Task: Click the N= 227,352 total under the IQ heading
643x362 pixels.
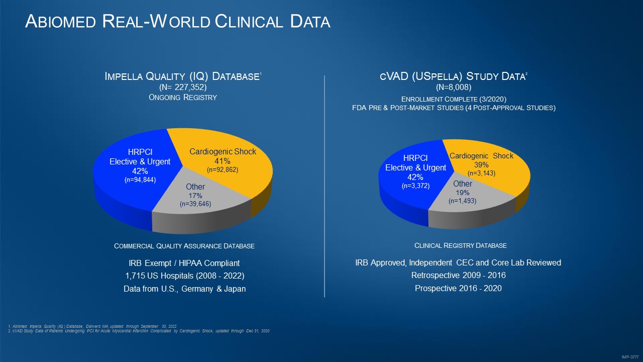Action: pyautogui.click(x=183, y=87)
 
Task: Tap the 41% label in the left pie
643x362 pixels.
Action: pyautogui.click(x=223, y=161)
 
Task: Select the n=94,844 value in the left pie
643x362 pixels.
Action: pyautogui.click(x=140, y=179)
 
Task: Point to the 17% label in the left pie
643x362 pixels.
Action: pyautogui.click(x=195, y=195)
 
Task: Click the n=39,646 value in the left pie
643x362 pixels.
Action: pyautogui.click(x=195, y=204)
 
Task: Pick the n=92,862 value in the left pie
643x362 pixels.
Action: pyautogui.click(x=223, y=170)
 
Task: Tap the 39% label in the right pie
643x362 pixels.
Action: pyautogui.click(x=481, y=164)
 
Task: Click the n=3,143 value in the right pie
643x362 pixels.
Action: pyautogui.click(x=481, y=173)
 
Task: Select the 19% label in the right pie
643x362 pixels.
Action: pyautogui.click(x=463, y=193)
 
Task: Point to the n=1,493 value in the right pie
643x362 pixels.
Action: pyautogui.click(x=463, y=201)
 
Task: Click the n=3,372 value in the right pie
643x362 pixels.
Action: pyautogui.click(x=415, y=186)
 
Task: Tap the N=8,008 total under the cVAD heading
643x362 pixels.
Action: pyautogui.click(x=453, y=87)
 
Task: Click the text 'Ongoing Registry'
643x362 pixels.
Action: pyautogui.click(x=183, y=97)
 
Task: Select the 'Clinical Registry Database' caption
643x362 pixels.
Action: pyautogui.click(x=460, y=245)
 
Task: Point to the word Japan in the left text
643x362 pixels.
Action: pyautogui.click(x=234, y=289)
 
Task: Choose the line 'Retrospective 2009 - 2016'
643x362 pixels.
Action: pyautogui.click(x=458, y=275)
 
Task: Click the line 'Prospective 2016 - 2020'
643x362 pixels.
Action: pyautogui.click(x=458, y=288)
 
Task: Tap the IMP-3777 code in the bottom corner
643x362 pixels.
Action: pyautogui.click(x=629, y=356)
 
